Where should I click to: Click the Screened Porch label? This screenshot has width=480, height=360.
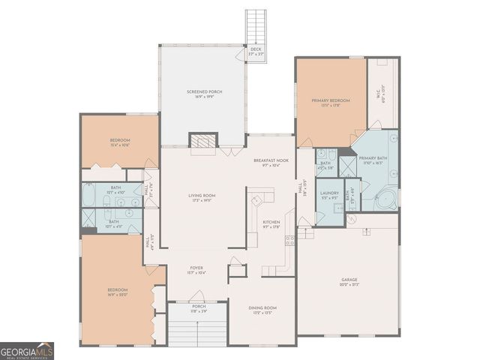204,94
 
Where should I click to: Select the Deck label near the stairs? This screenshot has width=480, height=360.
256,52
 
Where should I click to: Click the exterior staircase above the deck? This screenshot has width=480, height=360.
256,26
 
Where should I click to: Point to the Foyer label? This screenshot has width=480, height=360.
196,269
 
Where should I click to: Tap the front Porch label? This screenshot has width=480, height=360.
199,308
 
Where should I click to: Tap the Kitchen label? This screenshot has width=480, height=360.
271,223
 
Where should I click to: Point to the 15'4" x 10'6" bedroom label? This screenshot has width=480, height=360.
120,142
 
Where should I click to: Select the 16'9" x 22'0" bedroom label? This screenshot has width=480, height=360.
117,292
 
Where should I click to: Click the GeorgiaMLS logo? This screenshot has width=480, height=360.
27,351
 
